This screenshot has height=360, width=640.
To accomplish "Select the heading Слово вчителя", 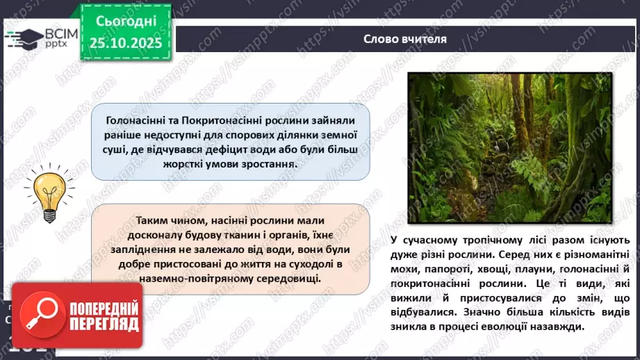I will (404, 38).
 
